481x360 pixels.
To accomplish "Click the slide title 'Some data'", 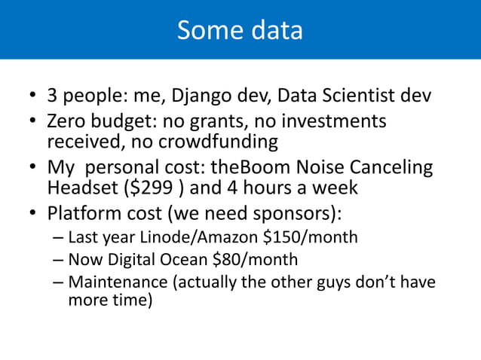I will [x=240, y=30].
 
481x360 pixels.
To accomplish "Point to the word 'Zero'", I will [x=67, y=121].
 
